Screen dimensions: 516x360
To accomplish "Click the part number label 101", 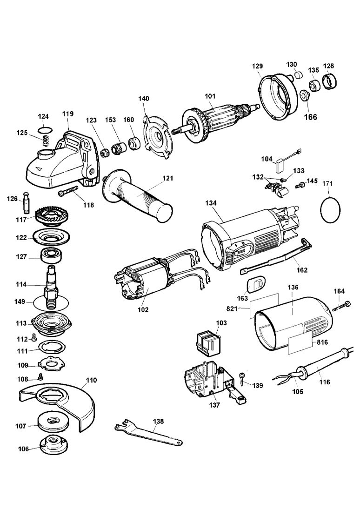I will [x=210, y=97].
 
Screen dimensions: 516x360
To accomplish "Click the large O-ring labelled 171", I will [x=330, y=209].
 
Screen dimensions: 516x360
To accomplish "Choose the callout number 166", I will [x=310, y=117].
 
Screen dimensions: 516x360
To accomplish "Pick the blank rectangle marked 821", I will [x=264, y=306].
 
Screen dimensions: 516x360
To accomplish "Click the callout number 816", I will [x=322, y=342].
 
